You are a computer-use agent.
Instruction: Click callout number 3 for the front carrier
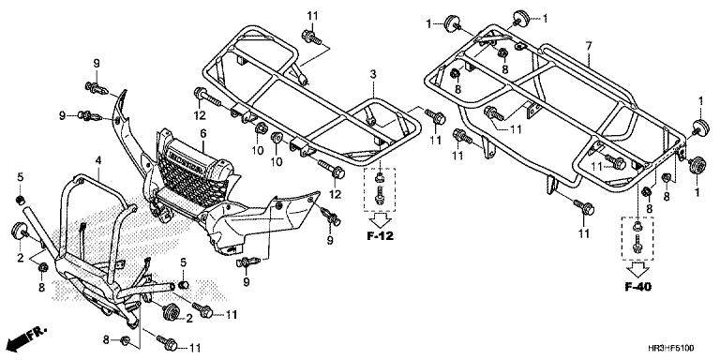(372, 73)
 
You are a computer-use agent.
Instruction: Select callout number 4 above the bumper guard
(97, 161)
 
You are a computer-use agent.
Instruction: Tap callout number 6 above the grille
(201, 134)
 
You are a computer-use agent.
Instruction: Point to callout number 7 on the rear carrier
(588, 46)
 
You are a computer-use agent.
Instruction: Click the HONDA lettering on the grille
(195, 159)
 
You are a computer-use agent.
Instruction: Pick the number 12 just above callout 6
(198, 114)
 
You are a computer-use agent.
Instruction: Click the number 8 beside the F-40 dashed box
(667, 197)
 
